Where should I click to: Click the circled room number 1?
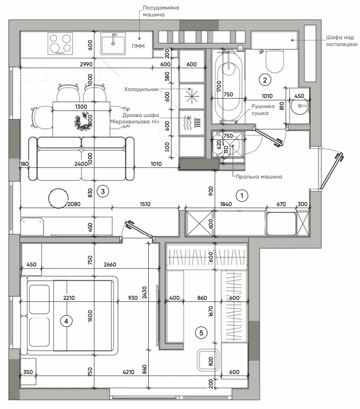point(241,195)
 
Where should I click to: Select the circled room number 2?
point(265,80)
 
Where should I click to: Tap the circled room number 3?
point(103,191)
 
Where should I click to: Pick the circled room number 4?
point(66,321)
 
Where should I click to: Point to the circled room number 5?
point(201,333)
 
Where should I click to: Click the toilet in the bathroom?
point(274,61)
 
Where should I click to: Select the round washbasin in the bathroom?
point(300,105)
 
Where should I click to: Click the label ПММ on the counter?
point(138,46)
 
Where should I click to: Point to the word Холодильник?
point(141,90)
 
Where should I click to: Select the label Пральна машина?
point(259,176)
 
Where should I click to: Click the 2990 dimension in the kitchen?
point(86,64)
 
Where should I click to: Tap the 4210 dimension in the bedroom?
point(128,372)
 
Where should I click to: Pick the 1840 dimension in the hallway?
point(226,204)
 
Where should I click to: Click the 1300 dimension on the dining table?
point(81,106)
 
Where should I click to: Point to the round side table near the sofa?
point(58,198)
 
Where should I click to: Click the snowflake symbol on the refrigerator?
point(192,96)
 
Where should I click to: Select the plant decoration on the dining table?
point(84,122)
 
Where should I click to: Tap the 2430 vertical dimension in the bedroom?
point(145,292)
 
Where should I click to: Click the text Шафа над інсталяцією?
point(341,41)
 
